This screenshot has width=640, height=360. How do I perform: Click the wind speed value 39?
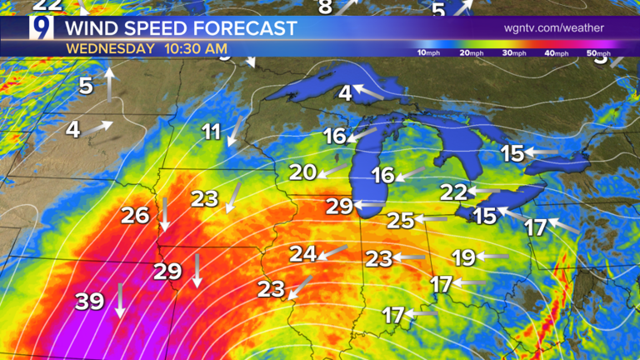(89, 302)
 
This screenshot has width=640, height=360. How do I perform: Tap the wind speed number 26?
(135, 216)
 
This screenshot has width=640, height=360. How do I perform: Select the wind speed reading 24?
(303, 254)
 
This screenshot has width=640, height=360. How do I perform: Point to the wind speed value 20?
(303, 172)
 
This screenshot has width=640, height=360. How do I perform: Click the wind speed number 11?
(212, 132)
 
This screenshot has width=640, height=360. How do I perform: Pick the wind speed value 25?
(401, 221)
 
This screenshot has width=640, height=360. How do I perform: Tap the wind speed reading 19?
(464, 257)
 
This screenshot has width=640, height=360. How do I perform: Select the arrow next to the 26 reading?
(164, 215)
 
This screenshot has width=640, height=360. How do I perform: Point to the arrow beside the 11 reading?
(235, 131)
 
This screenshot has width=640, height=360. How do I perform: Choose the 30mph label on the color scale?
(514, 53)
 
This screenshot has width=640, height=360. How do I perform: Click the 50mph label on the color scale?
(597, 53)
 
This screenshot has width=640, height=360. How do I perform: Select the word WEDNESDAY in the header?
(110, 48)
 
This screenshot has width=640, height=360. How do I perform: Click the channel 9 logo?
(40, 31)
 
